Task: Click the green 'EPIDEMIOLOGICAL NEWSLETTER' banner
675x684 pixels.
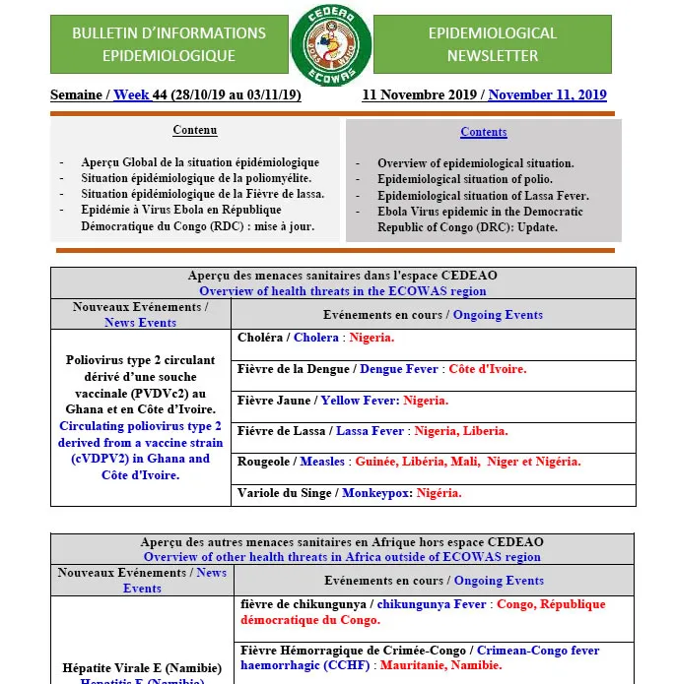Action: coord(492,45)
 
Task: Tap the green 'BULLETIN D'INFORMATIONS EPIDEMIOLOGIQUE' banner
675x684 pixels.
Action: coord(169,45)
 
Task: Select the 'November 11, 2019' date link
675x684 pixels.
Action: coord(547,95)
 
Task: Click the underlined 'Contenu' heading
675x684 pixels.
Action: coord(195,131)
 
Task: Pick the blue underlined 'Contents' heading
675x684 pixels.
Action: coord(483,132)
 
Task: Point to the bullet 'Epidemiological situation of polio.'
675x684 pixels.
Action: coord(475,179)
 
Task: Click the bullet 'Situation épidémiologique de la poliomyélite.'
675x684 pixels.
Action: coord(196,178)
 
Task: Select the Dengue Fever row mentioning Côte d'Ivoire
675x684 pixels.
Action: coord(381,369)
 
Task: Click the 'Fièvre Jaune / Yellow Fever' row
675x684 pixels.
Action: coord(342,401)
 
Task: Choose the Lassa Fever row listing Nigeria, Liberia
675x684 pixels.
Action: coord(372,431)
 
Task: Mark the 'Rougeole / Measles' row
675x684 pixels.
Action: coord(409,462)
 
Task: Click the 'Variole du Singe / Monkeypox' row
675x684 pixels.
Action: coord(349,493)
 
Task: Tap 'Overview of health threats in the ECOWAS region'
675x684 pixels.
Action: coord(342,291)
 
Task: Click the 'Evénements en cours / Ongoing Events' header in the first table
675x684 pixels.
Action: coord(433,315)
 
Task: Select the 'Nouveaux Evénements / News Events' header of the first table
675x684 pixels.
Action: coord(140,315)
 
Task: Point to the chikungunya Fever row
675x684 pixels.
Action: coord(423,612)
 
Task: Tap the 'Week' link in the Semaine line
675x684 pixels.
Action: coord(131,95)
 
